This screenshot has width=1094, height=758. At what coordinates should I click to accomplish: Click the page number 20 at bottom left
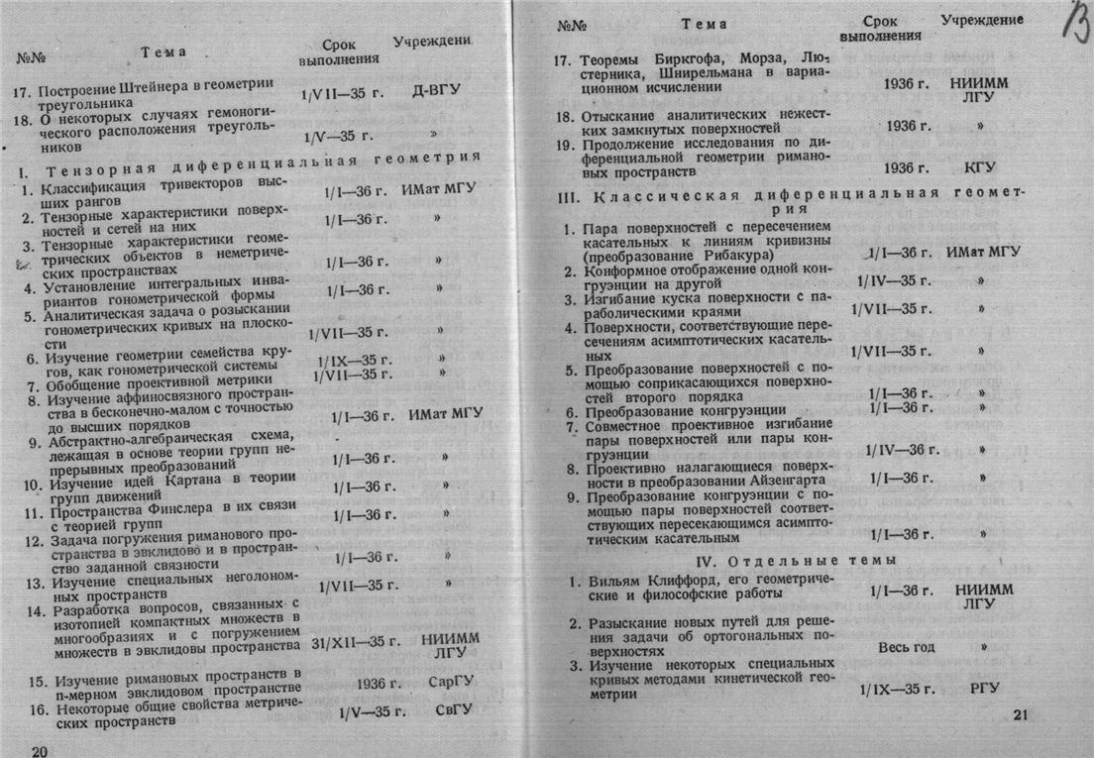tap(41, 749)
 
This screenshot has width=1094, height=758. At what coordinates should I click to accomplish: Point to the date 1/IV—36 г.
tap(902, 449)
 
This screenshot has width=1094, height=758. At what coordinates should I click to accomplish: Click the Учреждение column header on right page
tap(981, 20)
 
